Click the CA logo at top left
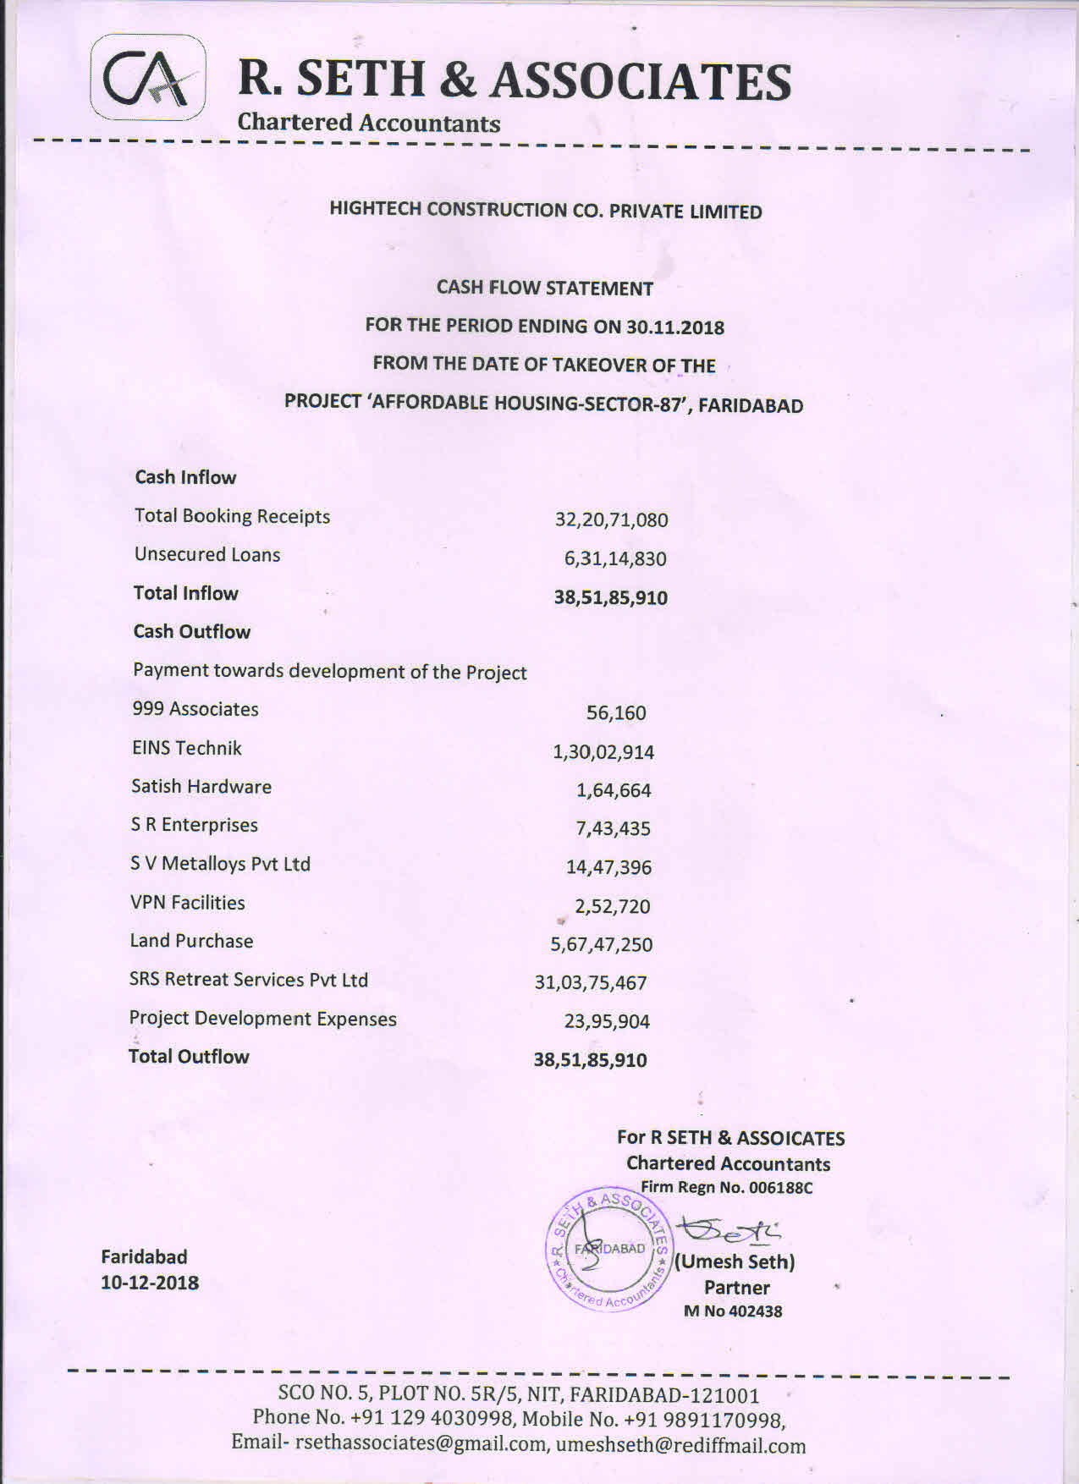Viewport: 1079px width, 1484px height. pyautogui.click(x=148, y=77)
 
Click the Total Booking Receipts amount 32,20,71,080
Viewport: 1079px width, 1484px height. pyautogui.click(x=611, y=519)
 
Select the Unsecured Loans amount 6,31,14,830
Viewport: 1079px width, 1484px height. pyautogui.click(x=615, y=558)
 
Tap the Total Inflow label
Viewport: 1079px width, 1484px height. pyautogui.click(x=186, y=593)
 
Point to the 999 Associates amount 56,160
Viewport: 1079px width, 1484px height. pyautogui.click(x=616, y=713)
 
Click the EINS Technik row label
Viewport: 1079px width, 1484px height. pyautogui.click(x=187, y=748)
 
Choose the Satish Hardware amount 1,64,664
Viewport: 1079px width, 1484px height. pyautogui.click(x=614, y=790)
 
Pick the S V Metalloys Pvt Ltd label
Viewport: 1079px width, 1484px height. pyautogui.click(x=220, y=864)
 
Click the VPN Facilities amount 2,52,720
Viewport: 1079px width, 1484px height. pyautogui.click(x=613, y=906)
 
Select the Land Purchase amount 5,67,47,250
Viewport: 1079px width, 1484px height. pyautogui.click(x=602, y=944)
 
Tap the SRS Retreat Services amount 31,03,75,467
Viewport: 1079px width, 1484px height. pyautogui.click(x=591, y=983)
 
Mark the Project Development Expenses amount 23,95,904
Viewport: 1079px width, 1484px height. pyautogui.click(x=607, y=1021)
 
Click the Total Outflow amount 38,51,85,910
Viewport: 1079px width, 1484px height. pyautogui.click(x=590, y=1060)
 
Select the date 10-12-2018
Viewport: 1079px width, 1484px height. pyautogui.click(x=150, y=1283)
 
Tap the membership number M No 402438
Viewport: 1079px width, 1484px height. pyautogui.click(x=733, y=1311)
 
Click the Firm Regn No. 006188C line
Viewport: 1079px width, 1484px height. pyautogui.click(x=726, y=1188)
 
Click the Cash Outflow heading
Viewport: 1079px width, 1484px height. pyautogui.click(x=192, y=632)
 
